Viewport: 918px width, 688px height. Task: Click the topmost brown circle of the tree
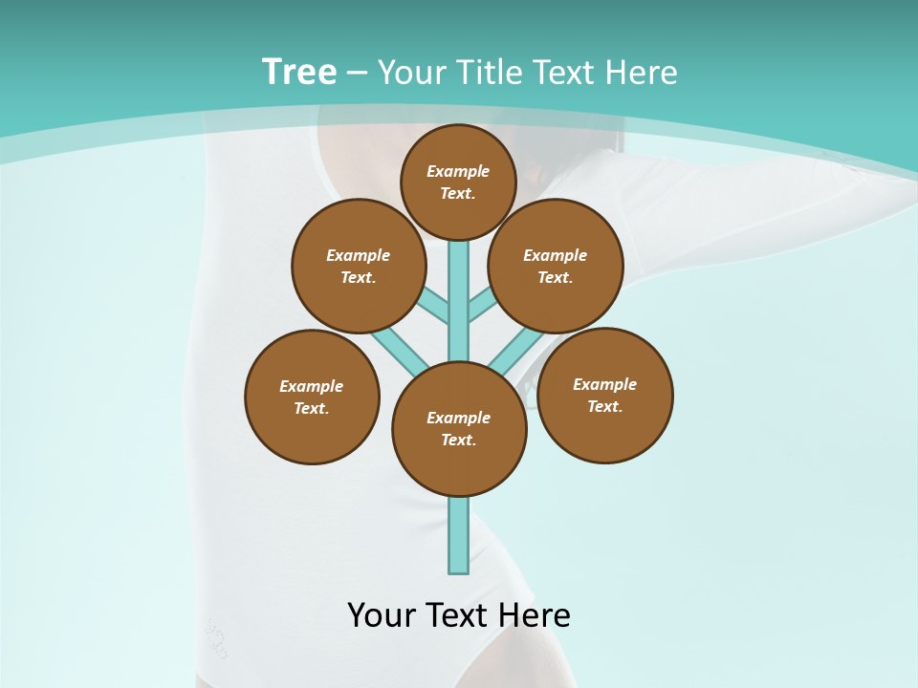[458, 183]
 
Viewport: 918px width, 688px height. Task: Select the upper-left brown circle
[359, 267]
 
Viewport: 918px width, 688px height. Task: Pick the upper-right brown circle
[556, 267]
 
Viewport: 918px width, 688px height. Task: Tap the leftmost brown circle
[312, 397]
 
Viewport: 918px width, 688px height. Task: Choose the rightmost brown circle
[605, 396]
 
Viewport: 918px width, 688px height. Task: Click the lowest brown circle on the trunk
[459, 429]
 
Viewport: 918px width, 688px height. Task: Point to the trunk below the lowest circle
[459, 535]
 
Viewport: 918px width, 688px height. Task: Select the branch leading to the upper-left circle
[435, 306]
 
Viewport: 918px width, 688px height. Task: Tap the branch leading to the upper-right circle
[481, 307]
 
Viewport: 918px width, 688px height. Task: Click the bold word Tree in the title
[299, 72]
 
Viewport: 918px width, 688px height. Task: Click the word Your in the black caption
[382, 614]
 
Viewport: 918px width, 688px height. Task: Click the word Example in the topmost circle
[458, 171]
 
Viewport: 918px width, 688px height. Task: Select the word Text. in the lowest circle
[458, 440]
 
